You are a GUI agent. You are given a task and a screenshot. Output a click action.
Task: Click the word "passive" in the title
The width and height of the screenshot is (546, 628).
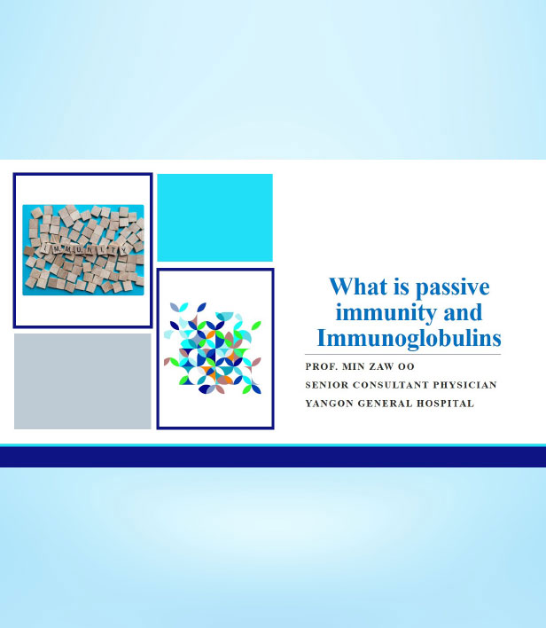point(452,287)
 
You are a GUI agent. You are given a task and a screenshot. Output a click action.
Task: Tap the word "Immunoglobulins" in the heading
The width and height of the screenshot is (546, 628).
point(409,338)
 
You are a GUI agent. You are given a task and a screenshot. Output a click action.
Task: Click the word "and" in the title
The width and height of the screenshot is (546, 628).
point(463,312)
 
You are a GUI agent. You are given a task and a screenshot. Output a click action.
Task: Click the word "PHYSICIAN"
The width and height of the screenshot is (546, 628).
point(465,385)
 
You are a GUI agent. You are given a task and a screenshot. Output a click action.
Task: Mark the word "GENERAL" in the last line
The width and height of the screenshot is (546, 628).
point(385,404)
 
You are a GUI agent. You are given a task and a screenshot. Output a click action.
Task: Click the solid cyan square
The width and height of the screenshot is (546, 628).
point(215,217)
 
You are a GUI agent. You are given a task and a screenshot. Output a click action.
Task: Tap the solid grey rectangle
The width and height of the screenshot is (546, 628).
point(82,381)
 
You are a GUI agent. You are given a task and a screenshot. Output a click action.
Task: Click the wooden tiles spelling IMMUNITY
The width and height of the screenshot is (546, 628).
point(86,249)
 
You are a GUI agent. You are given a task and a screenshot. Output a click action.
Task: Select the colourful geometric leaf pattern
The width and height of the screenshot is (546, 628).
point(213,348)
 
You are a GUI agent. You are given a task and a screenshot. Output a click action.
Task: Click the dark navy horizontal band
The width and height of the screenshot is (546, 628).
point(273,457)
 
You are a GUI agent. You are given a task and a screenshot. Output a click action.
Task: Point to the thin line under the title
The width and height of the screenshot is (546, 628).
point(402,355)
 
